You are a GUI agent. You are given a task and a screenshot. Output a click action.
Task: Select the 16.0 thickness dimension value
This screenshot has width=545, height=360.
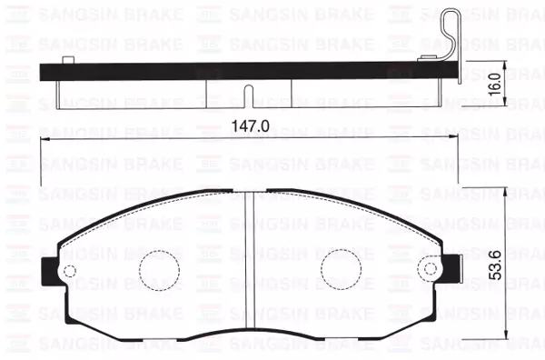click(492, 85)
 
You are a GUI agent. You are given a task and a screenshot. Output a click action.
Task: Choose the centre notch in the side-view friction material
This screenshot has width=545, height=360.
click(249, 95)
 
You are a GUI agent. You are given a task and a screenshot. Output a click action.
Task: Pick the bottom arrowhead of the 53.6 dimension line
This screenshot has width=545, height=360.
click(504, 343)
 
